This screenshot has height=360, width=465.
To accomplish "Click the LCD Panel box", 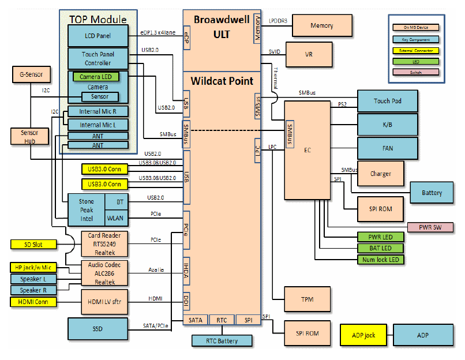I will (x=97, y=36).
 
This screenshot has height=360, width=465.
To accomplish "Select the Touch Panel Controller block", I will (x=97, y=58).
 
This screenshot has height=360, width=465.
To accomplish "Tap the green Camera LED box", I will (x=96, y=76).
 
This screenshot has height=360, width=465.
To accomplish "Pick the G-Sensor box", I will (x=31, y=74).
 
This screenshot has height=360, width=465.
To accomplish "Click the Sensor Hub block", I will (x=29, y=137).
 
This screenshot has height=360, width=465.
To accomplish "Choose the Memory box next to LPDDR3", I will (x=321, y=26).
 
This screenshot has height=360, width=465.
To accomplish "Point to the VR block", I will (x=309, y=55).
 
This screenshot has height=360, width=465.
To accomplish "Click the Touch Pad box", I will (x=387, y=102).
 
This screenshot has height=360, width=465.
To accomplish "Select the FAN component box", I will (x=387, y=148).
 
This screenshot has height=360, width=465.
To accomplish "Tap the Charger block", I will (x=380, y=174).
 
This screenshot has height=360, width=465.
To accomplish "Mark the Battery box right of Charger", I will (x=432, y=193).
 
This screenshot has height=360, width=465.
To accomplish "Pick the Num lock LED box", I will (x=380, y=259).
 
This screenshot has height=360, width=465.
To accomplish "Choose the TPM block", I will (x=307, y=299).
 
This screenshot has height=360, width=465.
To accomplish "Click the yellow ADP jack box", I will (x=363, y=335).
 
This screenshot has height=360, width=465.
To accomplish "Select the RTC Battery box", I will (x=222, y=341).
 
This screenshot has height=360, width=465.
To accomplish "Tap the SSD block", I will (x=97, y=328).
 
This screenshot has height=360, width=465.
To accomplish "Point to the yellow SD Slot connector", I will (x=35, y=245).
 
